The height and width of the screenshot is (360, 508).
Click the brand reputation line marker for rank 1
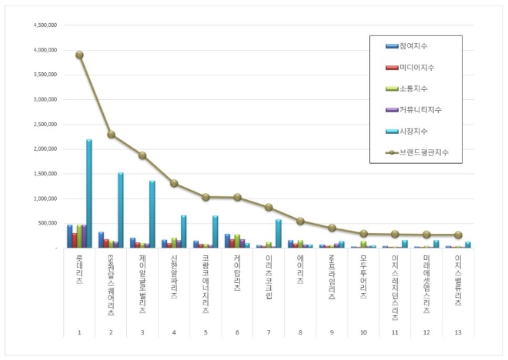click(x=79, y=55)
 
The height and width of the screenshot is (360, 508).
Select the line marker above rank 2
click(x=111, y=135)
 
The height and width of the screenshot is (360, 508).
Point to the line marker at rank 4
click(x=174, y=183)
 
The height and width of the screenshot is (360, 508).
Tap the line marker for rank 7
click(x=269, y=207)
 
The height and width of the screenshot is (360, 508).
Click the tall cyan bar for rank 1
click(x=89, y=194)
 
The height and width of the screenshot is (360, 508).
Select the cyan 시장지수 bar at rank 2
click(x=121, y=210)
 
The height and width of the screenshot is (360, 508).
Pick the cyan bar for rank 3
click(x=152, y=215)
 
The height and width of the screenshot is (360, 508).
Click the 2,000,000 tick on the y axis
click(x=45, y=149)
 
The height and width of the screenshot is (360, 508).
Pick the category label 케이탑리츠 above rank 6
click(x=237, y=273)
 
